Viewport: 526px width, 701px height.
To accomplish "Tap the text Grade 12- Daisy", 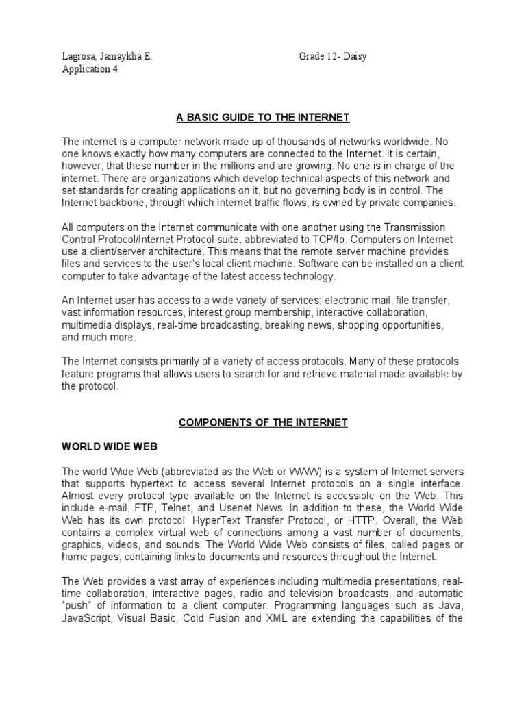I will (x=332, y=57).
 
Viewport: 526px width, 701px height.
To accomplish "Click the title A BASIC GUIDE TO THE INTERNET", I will (x=263, y=118).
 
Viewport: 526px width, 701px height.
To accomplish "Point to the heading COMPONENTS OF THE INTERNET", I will (x=263, y=423).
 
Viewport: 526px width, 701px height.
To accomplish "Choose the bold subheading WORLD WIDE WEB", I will (x=110, y=446).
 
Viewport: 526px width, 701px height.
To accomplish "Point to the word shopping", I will (x=369, y=325).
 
